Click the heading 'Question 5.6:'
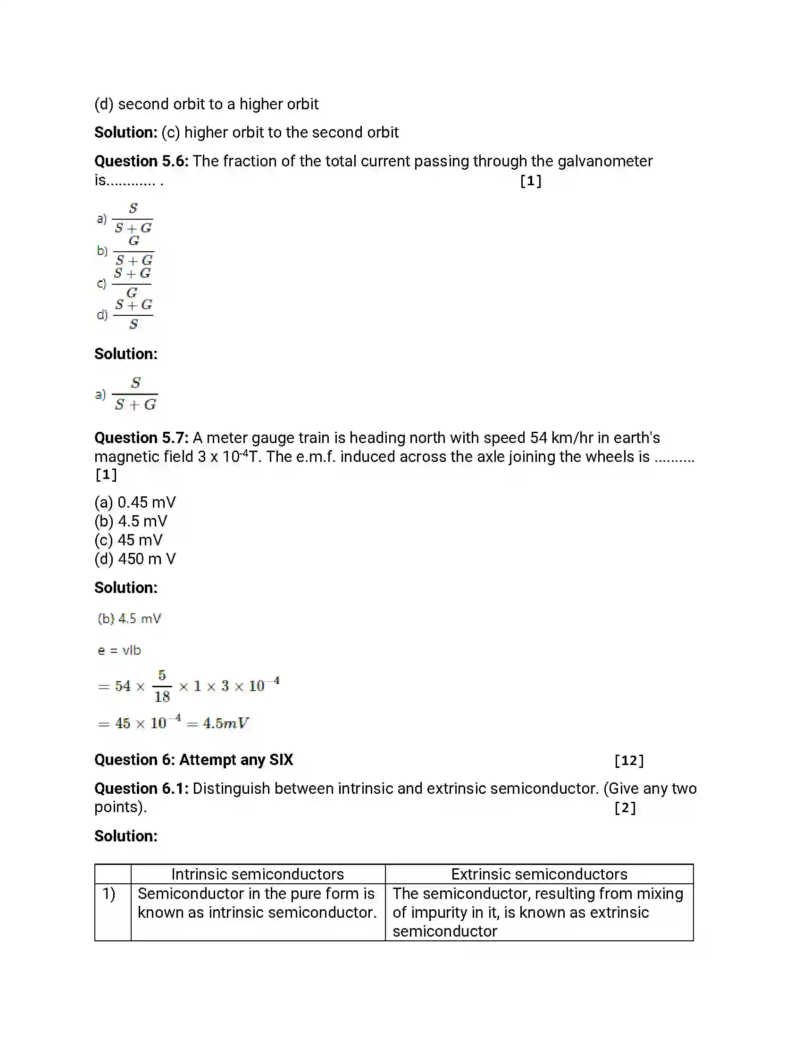tap(141, 161)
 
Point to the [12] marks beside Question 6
tap(628, 761)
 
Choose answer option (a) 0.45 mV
tap(135, 502)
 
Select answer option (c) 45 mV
tap(128, 540)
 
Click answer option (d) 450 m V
tap(135, 560)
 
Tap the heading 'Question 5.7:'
tap(141, 438)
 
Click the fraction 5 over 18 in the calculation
tap(162, 686)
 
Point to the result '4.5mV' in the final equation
tap(226, 724)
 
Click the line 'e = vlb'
tap(119, 650)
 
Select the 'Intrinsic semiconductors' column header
tap(258, 874)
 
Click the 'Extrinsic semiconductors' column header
tap(539, 874)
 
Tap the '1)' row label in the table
tap(109, 894)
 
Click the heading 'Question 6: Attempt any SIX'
tap(193, 760)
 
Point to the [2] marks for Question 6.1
tap(625, 807)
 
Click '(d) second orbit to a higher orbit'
tap(206, 105)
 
